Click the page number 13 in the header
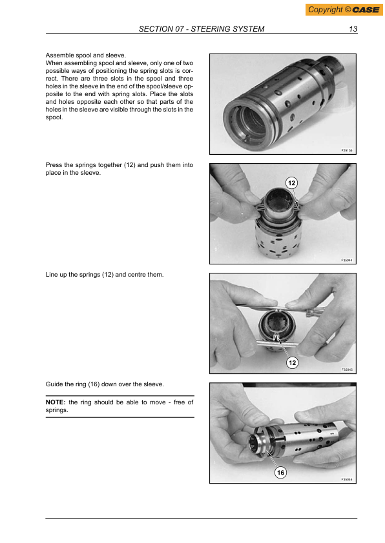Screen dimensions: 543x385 353,29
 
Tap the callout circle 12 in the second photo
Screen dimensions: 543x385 292,184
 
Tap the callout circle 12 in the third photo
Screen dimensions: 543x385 292,363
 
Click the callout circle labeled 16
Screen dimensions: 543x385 280,473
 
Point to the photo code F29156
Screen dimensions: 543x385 346,150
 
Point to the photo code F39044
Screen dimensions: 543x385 346,260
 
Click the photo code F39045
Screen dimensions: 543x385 346,370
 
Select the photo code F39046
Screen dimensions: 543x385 346,479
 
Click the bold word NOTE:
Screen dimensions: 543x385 56,402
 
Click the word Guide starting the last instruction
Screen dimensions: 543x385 54,384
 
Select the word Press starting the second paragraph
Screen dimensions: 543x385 54,165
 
